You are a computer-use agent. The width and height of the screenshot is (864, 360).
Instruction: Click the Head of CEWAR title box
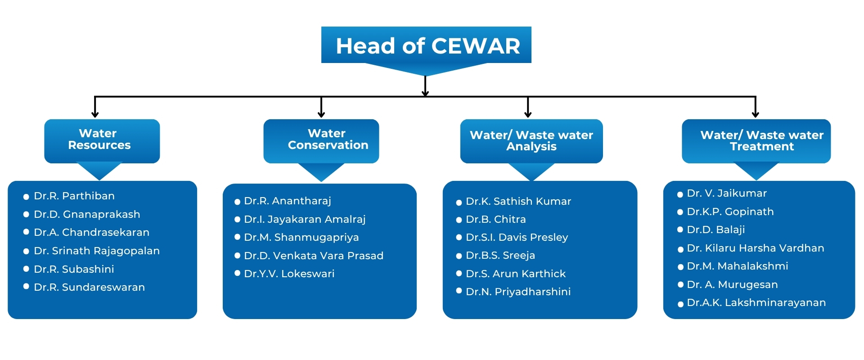pos(426,45)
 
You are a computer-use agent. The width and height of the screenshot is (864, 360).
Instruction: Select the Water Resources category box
pos(102,140)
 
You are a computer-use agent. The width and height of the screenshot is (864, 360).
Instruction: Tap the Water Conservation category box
pos(321,140)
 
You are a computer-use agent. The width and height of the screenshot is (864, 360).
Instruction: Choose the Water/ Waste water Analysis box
pos(531,140)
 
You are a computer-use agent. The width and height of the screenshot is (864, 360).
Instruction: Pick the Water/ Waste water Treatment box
pos(756,140)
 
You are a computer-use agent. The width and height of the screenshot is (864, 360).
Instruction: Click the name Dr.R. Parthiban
pos(74,196)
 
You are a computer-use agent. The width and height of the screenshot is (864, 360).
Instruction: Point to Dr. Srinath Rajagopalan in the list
pos(97,251)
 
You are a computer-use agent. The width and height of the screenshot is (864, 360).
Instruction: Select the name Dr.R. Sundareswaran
pos(89,288)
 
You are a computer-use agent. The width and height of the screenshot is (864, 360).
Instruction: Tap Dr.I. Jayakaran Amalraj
pos(305,220)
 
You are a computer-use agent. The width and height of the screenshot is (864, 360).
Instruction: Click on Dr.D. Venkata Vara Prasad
pos(314,256)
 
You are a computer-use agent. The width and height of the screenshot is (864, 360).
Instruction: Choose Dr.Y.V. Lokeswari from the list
pos(289,274)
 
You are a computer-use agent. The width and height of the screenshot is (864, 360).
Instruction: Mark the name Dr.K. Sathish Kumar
pos(518,202)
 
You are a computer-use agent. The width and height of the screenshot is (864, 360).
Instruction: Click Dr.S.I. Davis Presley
pos(517,238)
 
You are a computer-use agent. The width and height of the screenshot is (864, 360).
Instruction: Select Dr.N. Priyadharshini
pos(518,292)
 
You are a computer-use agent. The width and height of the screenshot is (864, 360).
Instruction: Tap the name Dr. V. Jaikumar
pos(727,193)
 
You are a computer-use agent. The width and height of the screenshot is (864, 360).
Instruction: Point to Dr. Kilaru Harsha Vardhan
pos(756,248)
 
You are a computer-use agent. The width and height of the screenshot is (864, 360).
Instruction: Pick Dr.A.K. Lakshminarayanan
pos(756,303)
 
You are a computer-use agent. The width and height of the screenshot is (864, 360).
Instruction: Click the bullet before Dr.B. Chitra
pos(459,220)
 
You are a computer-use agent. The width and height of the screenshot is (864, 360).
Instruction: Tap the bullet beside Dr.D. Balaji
pos(680,230)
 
